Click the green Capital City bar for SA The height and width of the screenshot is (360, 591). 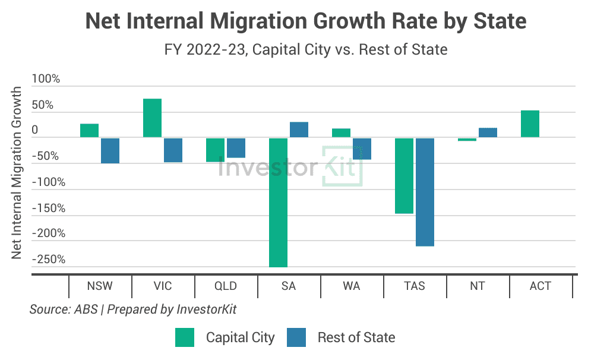278,202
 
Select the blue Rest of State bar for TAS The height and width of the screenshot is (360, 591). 425,191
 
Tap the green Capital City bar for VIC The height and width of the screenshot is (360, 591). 152,118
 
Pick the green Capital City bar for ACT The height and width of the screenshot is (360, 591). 530,124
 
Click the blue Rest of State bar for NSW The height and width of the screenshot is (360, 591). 110,150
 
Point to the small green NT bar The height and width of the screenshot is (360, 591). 467,140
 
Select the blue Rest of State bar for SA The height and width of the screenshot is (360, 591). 299,130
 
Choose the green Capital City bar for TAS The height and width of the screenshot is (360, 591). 404,175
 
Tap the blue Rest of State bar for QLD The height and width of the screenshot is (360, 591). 236,147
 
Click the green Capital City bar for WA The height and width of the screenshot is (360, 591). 341,133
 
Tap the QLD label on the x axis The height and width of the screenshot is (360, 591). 226,286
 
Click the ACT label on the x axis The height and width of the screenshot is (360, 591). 541,286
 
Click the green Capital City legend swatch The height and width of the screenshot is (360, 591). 185,337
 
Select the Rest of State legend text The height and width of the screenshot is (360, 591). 356,337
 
